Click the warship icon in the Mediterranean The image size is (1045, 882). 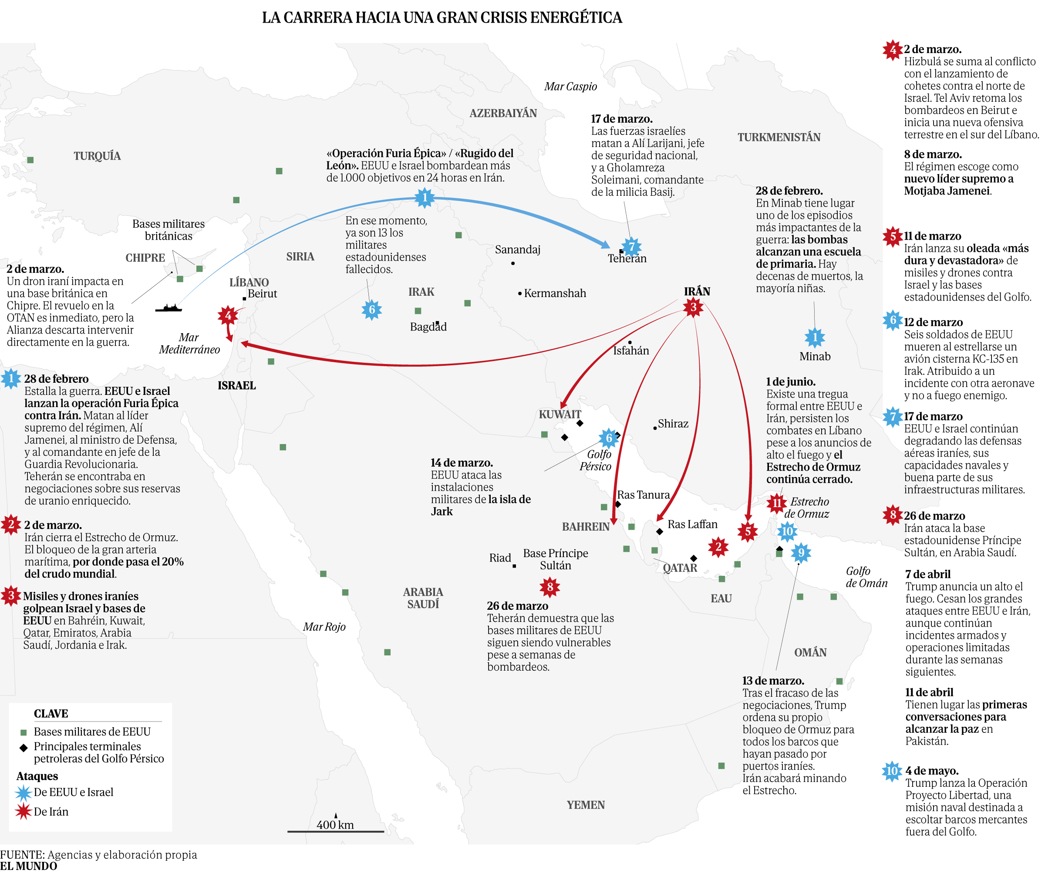168,307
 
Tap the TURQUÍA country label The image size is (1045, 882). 97,156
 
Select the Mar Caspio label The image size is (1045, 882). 570,87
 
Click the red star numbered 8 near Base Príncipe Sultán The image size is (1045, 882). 549,587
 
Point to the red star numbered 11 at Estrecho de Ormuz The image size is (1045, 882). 776,502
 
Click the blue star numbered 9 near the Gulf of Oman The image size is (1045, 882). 801,552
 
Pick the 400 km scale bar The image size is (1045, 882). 335,831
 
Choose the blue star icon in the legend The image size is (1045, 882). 23,792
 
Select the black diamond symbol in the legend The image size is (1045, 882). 23,748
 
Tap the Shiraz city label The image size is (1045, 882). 673,424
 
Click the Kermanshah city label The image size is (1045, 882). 555,293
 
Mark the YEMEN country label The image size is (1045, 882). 586,805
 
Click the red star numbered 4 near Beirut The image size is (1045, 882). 228,315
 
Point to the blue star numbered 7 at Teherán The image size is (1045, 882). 632,247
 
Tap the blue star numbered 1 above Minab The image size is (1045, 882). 814,338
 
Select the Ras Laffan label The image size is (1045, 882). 692,524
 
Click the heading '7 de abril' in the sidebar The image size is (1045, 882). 927,574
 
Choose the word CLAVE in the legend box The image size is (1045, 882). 51,714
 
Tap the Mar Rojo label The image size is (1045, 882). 324,627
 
